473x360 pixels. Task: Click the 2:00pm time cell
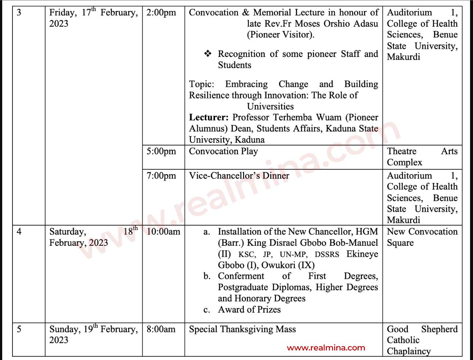(x=161, y=13)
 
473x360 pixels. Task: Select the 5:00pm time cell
(x=161, y=151)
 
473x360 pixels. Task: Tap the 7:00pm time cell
(x=161, y=176)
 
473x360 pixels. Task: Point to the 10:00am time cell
(x=164, y=232)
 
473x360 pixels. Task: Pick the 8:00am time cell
(x=161, y=329)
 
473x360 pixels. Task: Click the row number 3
(x=19, y=13)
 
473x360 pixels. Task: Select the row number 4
(x=19, y=232)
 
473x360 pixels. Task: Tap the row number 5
(x=19, y=329)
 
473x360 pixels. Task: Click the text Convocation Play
(x=223, y=151)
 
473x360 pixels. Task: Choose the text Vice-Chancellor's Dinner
(x=239, y=176)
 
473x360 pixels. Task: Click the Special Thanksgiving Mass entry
(x=242, y=329)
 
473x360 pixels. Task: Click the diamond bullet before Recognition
(x=208, y=54)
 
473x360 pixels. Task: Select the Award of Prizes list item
(x=249, y=310)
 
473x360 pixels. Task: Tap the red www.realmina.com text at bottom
(x=326, y=348)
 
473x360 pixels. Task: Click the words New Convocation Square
(x=422, y=237)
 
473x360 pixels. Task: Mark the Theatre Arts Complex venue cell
(x=422, y=157)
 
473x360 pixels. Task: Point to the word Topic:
(x=201, y=84)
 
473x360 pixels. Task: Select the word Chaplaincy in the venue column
(x=409, y=351)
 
